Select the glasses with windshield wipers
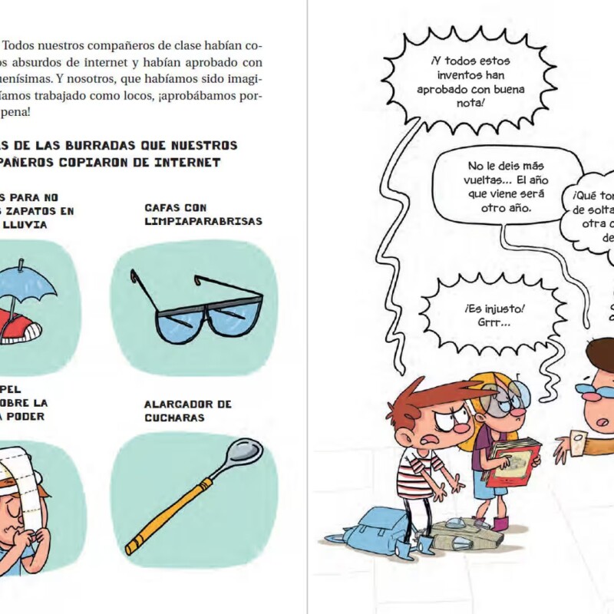click(x=197, y=306)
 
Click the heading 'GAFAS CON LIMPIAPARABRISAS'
click(x=203, y=214)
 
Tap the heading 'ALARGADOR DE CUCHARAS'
click(x=187, y=411)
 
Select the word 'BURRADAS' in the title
click(x=96, y=145)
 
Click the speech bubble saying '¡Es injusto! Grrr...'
click(x=494, y=315)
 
